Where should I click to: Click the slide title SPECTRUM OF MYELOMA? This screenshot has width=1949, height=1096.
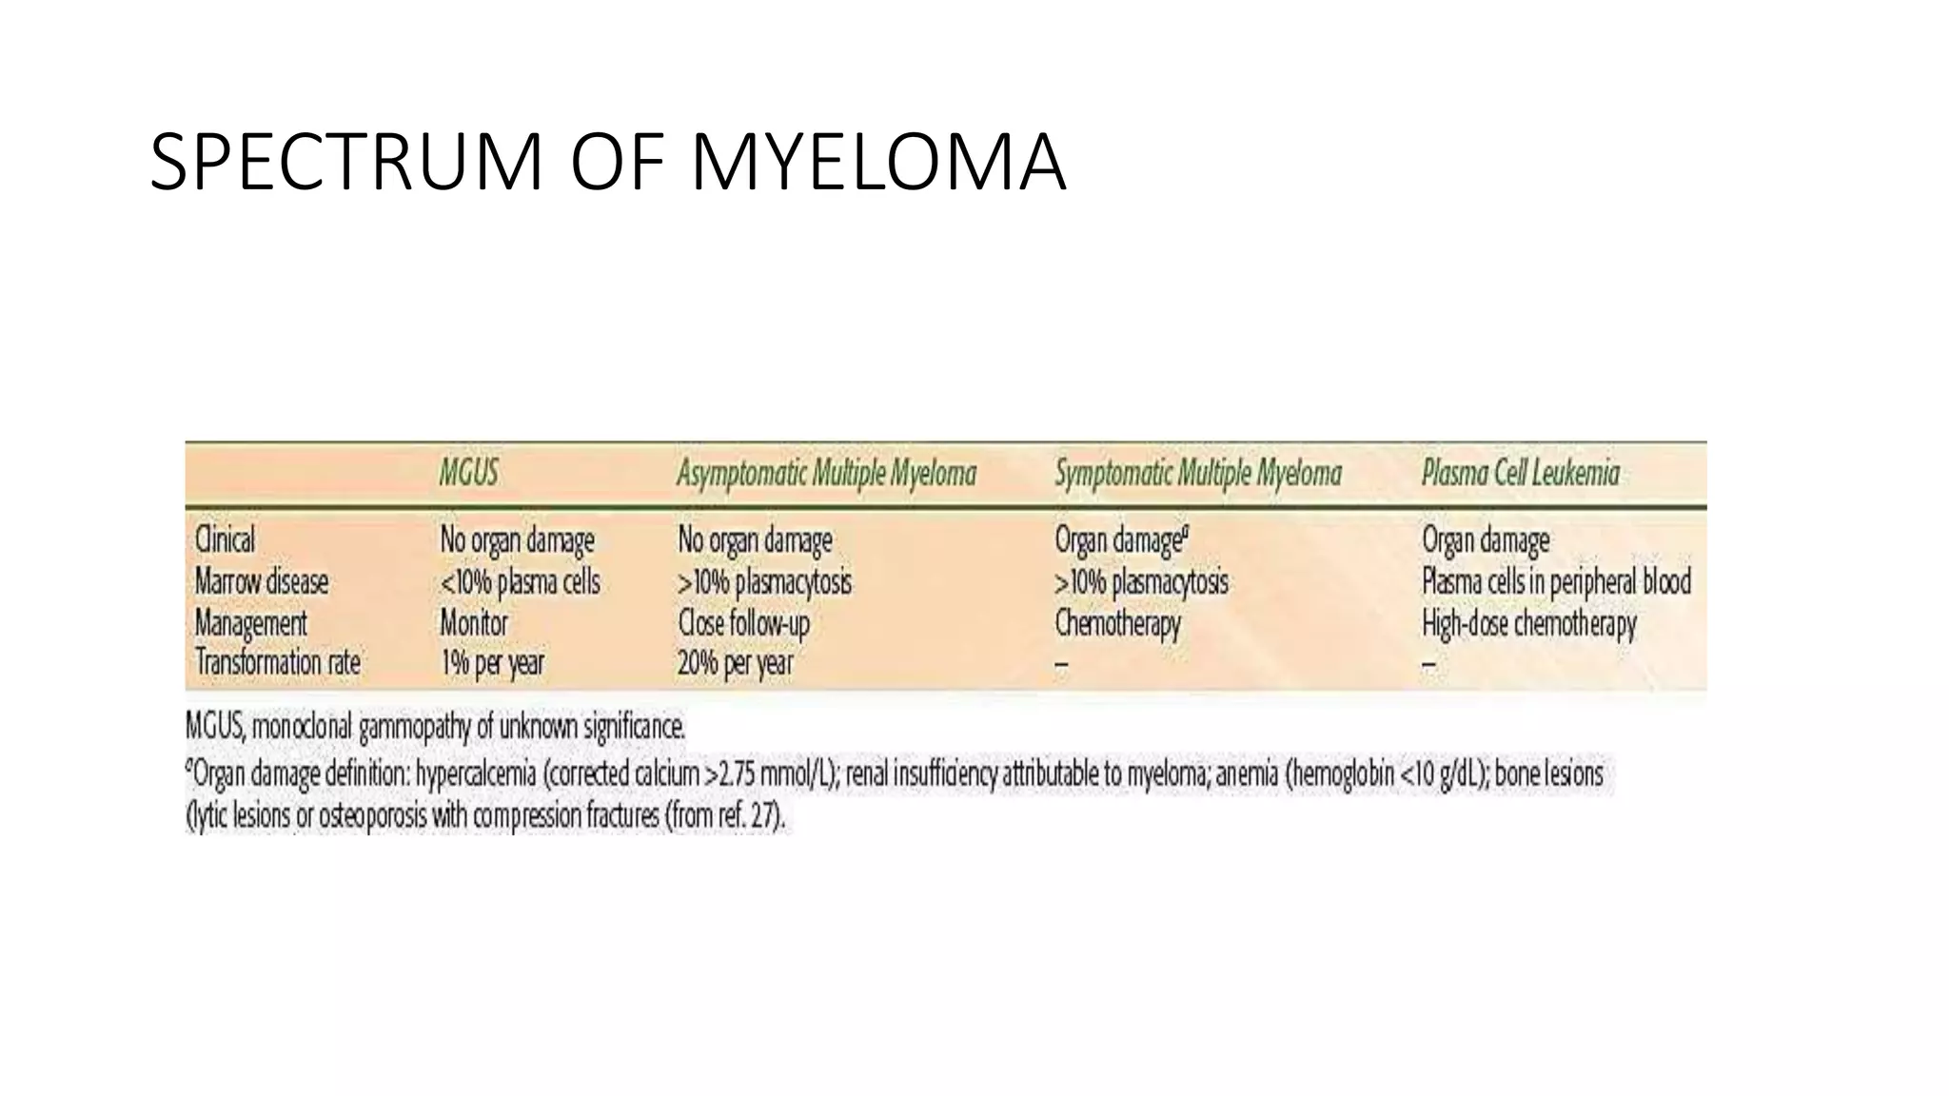coord(607,163)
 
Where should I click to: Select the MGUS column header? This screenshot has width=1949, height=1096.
coord(468,473)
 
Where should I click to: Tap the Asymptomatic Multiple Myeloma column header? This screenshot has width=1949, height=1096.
coord(826,473)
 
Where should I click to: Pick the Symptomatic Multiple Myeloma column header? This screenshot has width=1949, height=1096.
coord(1198,473)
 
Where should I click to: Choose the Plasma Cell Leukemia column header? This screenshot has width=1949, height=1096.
coord(1520,473)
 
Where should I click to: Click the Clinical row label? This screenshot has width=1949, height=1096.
coord(226,540)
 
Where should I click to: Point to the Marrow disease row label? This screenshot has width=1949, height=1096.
coord(262,581)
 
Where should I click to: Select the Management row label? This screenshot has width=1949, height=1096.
coord(251,623)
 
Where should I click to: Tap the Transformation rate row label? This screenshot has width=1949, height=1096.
coord(278,662)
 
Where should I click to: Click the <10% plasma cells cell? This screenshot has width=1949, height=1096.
coord(520,581)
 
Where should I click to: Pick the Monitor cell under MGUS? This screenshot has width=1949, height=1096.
coord(474,623)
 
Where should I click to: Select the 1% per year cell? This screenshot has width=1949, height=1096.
coord(492,662)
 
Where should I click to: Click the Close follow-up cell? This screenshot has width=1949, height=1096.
coord(743,623)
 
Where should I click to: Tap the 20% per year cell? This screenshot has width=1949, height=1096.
coord(735,662)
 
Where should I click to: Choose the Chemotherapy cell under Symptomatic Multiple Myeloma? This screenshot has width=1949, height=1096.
coord(1117,623)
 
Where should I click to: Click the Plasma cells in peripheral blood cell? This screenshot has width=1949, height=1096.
coord(1556,581)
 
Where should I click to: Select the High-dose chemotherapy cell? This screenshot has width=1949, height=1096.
coord(1528,623)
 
